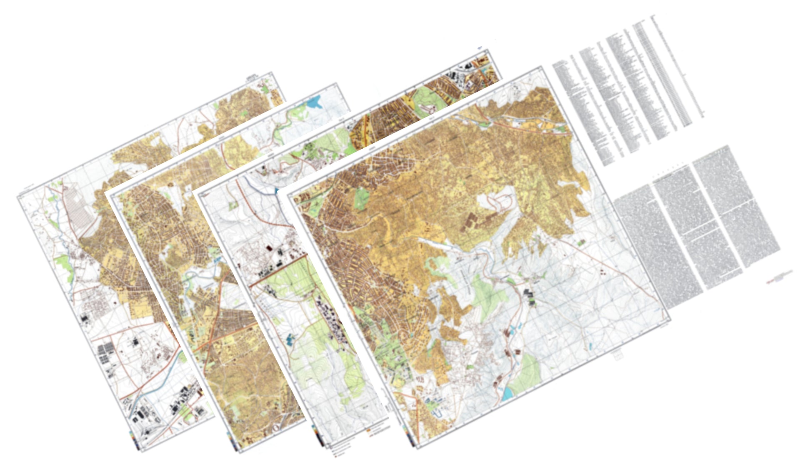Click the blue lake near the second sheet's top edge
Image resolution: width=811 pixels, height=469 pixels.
coord(314,102)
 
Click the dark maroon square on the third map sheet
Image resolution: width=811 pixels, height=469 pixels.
coord(269,248)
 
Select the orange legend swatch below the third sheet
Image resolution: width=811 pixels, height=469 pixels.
coord(369,429)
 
